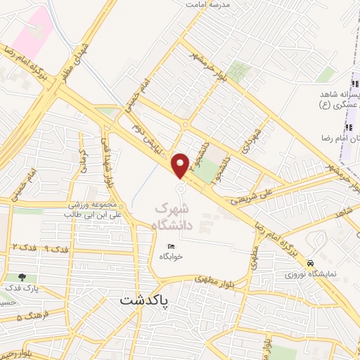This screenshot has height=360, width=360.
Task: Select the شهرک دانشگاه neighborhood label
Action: (171, 217)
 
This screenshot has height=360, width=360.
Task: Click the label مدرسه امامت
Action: (208, 4)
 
